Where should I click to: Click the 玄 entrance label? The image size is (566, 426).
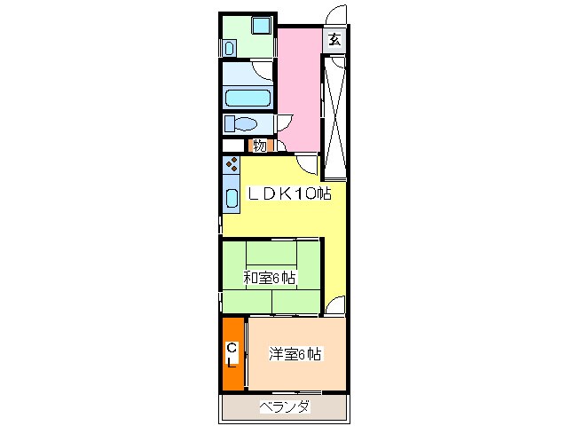pos(334,39)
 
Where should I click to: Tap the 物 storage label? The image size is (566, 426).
pos(260,146)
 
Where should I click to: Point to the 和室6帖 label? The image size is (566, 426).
pos(270,278)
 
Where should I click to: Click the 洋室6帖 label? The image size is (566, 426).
pos(295,355)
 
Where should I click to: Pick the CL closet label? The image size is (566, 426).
pos(232,355)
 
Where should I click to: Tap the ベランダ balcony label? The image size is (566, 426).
pos(284,407)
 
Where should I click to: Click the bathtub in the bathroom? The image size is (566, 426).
pos(248,98)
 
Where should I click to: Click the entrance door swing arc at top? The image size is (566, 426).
pos(335,16)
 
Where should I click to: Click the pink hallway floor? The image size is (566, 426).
pos(300,89)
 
